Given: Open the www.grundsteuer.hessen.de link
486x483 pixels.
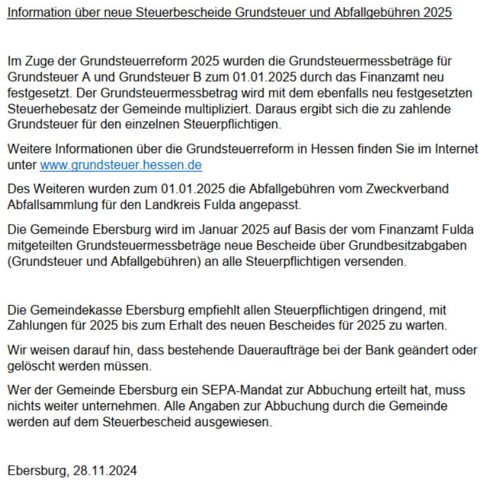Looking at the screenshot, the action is pyautogui.click(x=121, y=166).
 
